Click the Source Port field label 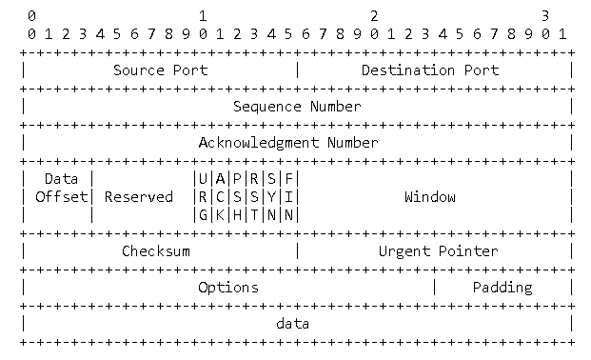160,70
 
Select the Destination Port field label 429,70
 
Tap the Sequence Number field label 297,106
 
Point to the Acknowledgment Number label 287,142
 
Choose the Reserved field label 139,197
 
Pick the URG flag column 203,197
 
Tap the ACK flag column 220,197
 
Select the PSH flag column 237,197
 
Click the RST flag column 254,197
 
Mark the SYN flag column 271,197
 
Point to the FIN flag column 288,197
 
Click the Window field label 429,197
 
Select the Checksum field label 156,251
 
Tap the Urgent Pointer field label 438,251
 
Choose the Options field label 227,287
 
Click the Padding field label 502,287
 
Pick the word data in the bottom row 292,324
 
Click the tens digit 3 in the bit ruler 546,16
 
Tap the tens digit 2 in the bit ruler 374,16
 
